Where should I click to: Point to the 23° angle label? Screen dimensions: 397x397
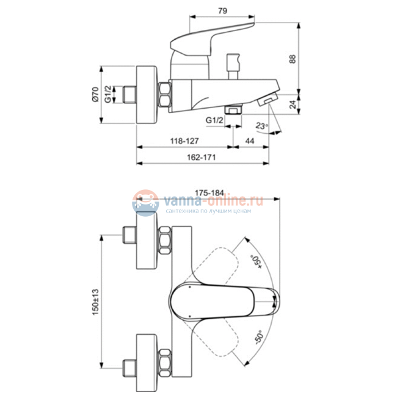click(x=261, y=126)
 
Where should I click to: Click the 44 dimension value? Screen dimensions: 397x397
click(x=249, y=141)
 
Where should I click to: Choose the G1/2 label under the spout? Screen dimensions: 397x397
click(x=214, y=120)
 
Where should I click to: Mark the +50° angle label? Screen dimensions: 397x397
click(x=255, y=260)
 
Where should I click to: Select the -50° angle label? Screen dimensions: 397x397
click(x=255, y=338)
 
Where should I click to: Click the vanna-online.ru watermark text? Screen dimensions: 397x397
click(x=212, y=200)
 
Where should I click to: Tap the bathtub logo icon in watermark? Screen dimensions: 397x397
click(x=145, y=202)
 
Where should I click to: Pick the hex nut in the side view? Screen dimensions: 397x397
click(x=166, y=95)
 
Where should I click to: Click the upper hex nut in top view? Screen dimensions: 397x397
click(x=166, y=241)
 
